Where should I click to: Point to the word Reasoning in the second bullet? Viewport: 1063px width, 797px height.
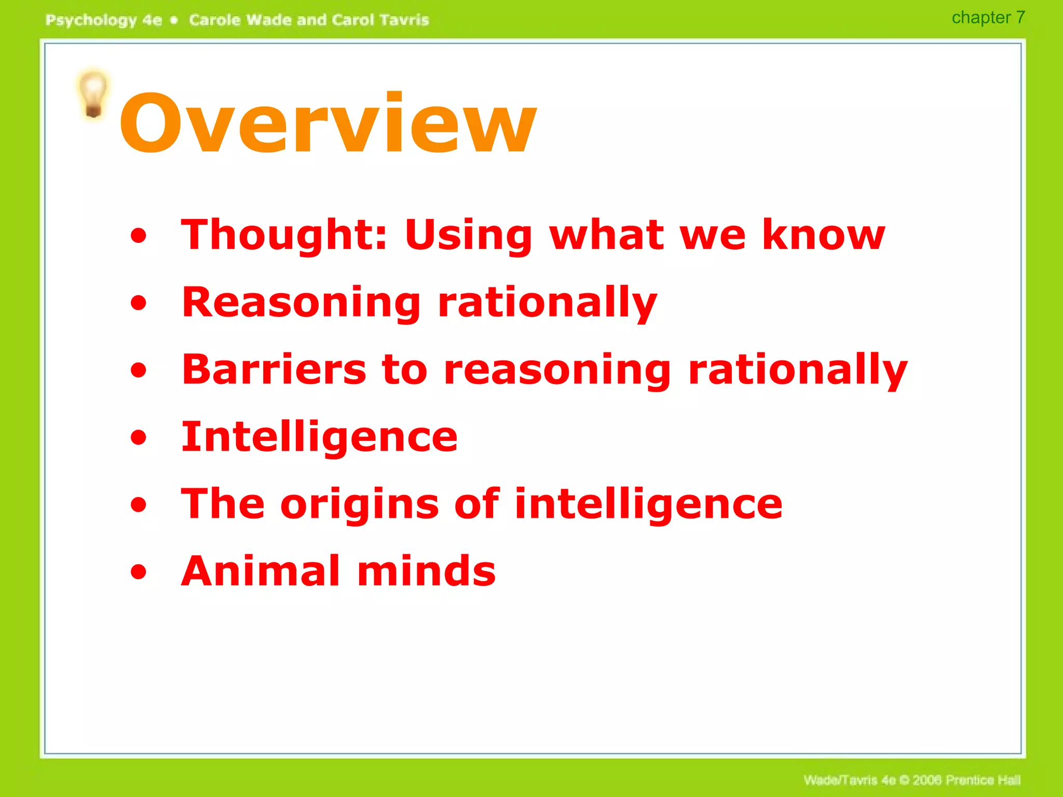coord(301,303)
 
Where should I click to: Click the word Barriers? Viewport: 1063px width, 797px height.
coord(275,369)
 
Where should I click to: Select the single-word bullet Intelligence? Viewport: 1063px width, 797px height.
coord(319,437)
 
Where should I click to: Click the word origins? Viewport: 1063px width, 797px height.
coord(359,505)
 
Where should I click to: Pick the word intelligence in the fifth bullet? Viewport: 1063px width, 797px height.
coord(648,505)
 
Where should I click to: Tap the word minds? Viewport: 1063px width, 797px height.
coord(426,571)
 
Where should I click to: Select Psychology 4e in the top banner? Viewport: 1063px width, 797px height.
coord(104,20)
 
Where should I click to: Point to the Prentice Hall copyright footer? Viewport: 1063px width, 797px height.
coord(912,780)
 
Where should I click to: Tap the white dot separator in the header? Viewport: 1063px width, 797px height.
coord(174,20)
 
